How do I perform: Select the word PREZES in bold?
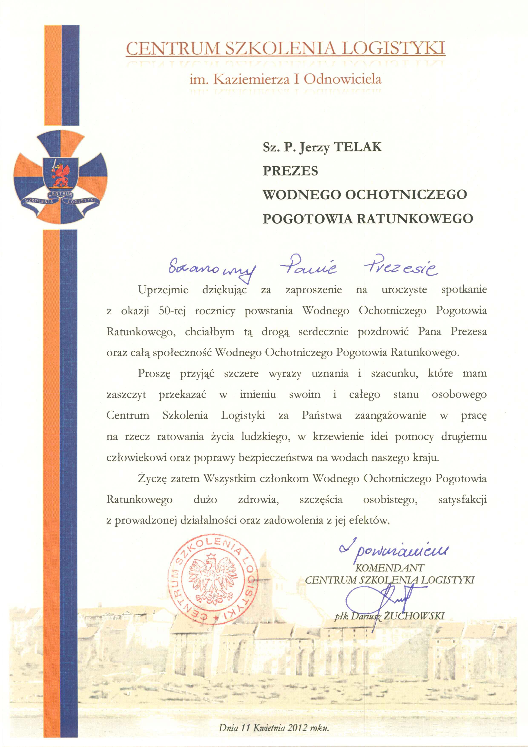[290, 171]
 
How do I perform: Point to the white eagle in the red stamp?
[213, 580]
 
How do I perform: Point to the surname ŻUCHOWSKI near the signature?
[413, 616]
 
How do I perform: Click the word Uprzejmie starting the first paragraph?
[163, 290]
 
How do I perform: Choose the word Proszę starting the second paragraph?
[154, 374]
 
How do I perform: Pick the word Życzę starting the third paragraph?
[152, 479]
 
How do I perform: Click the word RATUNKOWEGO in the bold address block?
[415, 219]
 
